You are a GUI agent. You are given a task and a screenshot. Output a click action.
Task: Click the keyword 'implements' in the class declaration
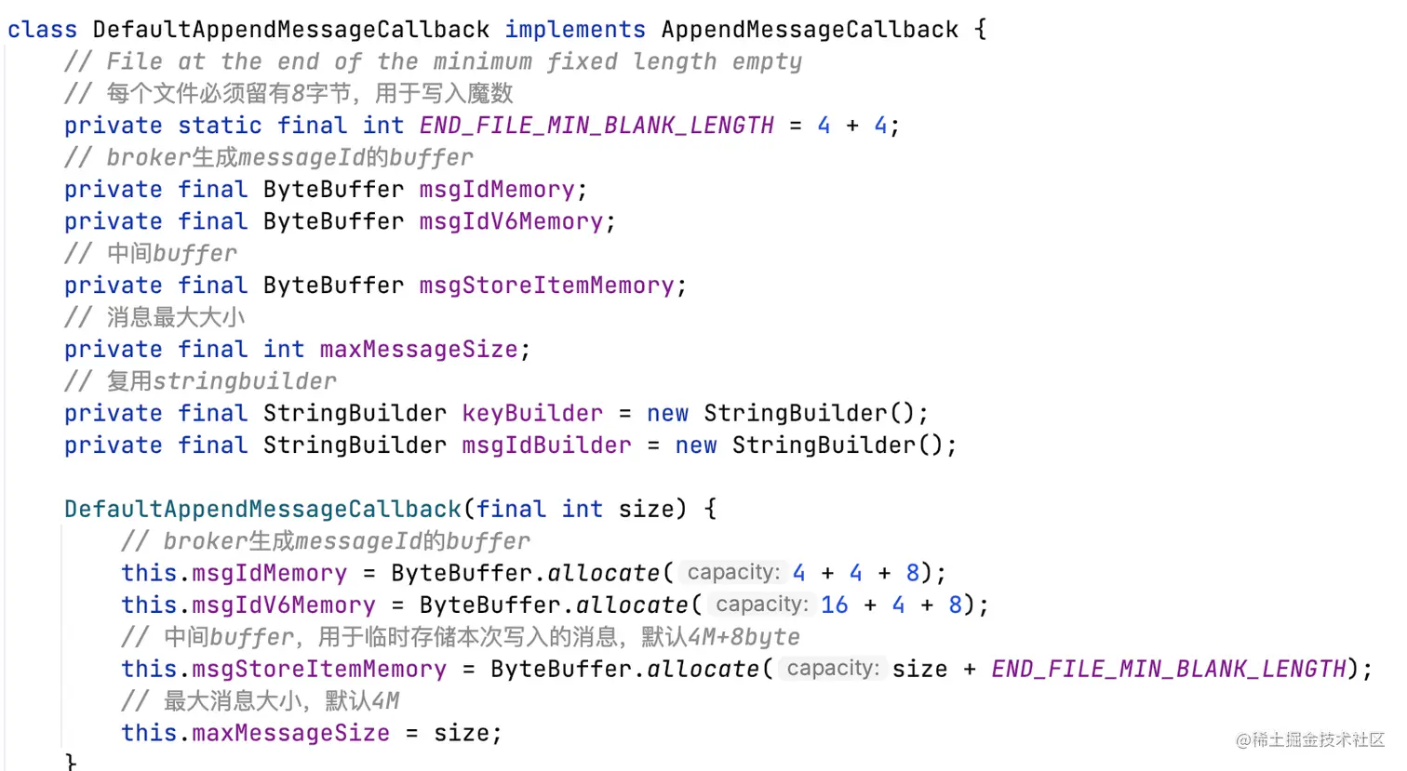tap(574, 30)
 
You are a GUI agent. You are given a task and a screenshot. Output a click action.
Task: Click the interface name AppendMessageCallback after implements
tap(810, 30)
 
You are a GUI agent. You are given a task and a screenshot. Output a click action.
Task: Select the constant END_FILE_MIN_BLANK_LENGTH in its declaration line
tap(596, 126)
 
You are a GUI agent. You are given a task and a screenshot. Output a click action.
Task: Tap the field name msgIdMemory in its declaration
tap(497, 190)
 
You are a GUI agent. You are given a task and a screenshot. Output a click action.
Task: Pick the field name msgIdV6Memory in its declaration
tap(511, 221)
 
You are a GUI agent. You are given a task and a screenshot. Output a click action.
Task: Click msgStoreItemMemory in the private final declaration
tap(546, 286)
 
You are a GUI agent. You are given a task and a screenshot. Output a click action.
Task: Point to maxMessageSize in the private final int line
tap(419, 350)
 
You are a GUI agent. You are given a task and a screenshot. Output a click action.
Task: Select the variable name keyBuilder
tap(532, 414)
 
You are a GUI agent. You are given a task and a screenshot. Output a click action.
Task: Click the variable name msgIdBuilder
tap(546, 445)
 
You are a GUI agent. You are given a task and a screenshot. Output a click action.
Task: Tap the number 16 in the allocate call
tap(834, 605)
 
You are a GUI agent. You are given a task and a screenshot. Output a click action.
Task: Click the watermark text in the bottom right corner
tap(1309, 740)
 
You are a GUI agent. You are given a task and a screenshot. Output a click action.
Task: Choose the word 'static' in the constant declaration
tap(220, 126)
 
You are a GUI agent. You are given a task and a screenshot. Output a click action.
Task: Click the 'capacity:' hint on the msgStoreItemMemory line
tap(832, 669)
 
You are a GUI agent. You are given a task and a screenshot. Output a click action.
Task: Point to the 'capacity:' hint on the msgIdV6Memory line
tap(761, 605)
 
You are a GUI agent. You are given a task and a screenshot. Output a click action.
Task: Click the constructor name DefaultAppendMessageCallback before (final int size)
tap(262, 510)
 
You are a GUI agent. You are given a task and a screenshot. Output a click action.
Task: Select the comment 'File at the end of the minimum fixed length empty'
tap(433, 62)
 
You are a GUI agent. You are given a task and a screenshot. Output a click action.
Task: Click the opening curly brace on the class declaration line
tap(980, 30)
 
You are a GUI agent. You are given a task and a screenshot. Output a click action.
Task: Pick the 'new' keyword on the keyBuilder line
tap(667, 414)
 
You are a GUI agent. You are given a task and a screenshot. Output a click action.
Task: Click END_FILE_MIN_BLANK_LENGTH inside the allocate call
tap(1169, 670)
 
